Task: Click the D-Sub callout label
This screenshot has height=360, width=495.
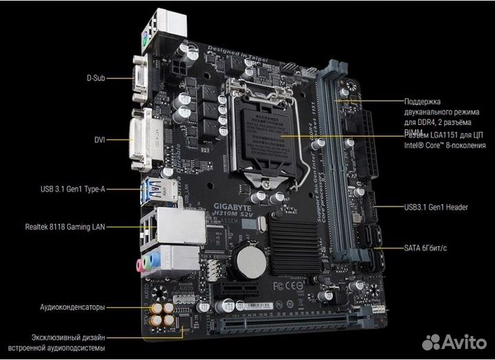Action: (96, 78)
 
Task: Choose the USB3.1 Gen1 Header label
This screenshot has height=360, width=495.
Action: (436, 206)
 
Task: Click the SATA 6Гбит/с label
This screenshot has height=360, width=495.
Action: (425, 247)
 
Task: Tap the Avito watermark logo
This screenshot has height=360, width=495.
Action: (454, 341)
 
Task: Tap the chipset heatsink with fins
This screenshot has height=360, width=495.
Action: (296, 244)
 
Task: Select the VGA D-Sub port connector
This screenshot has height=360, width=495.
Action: (140, 78)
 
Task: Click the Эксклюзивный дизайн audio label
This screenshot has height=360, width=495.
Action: (67, 343)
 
